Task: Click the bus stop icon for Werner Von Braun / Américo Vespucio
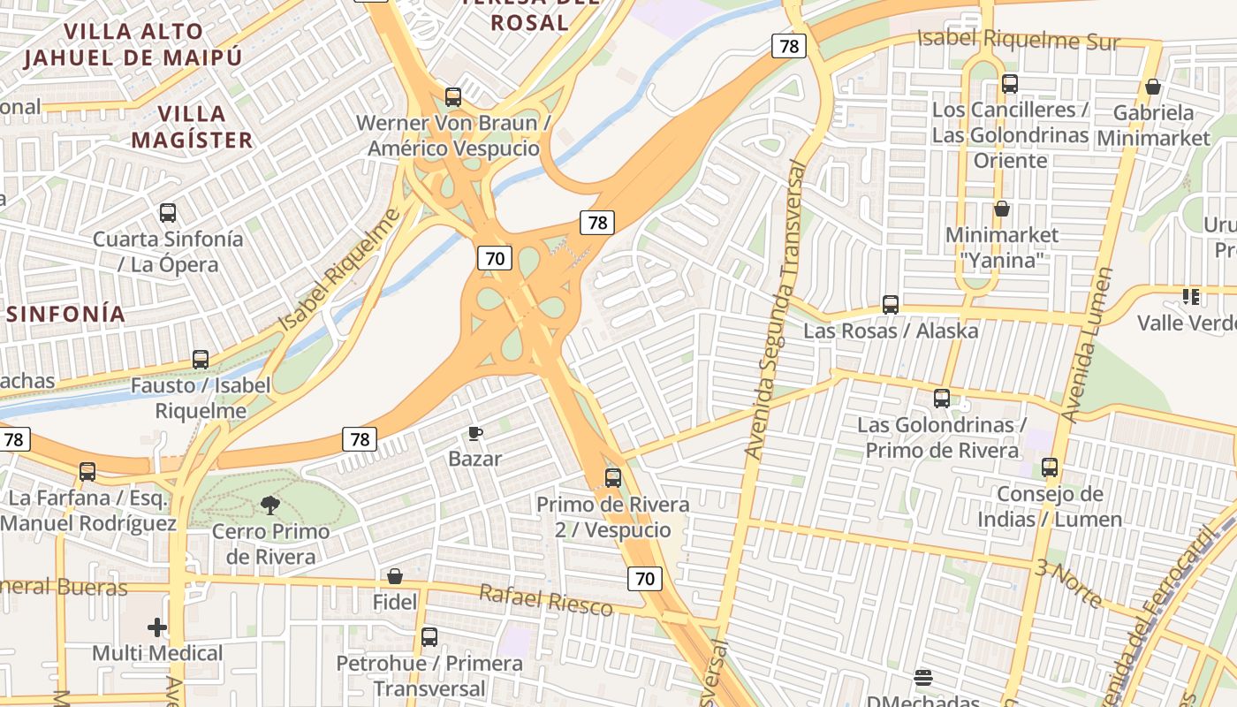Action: click(x=453, y=97)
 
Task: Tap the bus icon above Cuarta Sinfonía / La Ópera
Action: click(x=168, y=213)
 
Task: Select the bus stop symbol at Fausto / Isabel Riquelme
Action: click(x=201, y=360)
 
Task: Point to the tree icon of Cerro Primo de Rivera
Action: click(x=269, y=506)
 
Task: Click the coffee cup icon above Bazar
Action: click(x=475, y=433)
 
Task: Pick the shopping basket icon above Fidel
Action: click(x=395, y=577)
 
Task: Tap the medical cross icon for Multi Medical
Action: click(x=157, y=627)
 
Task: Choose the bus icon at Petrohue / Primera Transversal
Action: click(x=429, y=636)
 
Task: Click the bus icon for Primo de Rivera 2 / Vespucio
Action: click(x=613, y=478)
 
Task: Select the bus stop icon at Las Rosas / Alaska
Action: click(x=891, y=305)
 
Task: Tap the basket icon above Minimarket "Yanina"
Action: click(x=1002, y=209)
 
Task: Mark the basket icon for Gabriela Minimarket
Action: click(x=1153, y=87)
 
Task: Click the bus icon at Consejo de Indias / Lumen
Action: click(x=1050, y=468)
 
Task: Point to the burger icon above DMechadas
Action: click(x=923, y=678)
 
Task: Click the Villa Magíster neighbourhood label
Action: click(x=192, y=126)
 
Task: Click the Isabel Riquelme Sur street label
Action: click(x=1018, y=40)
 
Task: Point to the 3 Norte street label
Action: click(x=1068, y=583)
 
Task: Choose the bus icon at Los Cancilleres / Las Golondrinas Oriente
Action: click(x=1010, y=84)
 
